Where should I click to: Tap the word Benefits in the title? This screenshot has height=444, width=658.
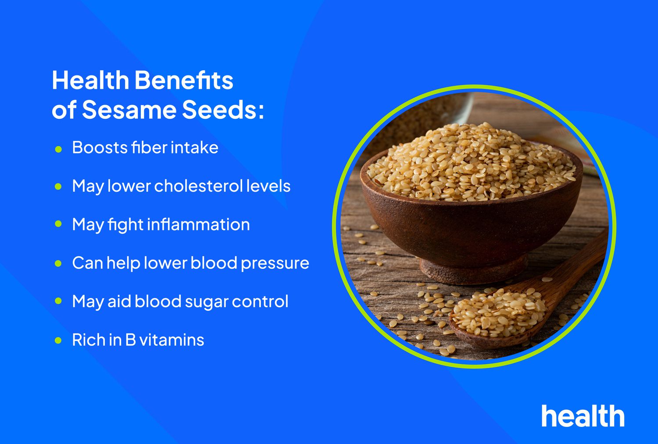[x=184, y=80]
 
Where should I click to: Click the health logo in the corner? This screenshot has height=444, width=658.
[x=583, y=416]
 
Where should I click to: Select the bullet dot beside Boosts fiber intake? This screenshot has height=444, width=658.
[x=58, y=149]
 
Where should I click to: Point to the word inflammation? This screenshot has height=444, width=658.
[x=198, y=224]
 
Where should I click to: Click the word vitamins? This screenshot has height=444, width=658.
[x=172, y=340]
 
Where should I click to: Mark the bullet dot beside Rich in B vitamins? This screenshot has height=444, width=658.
[x=58, y=341]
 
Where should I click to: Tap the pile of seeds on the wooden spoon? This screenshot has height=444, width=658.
[x=498, y=313]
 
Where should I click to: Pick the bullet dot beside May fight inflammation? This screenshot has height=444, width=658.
[x=58, y=224]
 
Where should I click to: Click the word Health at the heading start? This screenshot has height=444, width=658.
[x=90, y=80]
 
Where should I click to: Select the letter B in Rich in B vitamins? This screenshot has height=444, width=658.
[x=131, y=340]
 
